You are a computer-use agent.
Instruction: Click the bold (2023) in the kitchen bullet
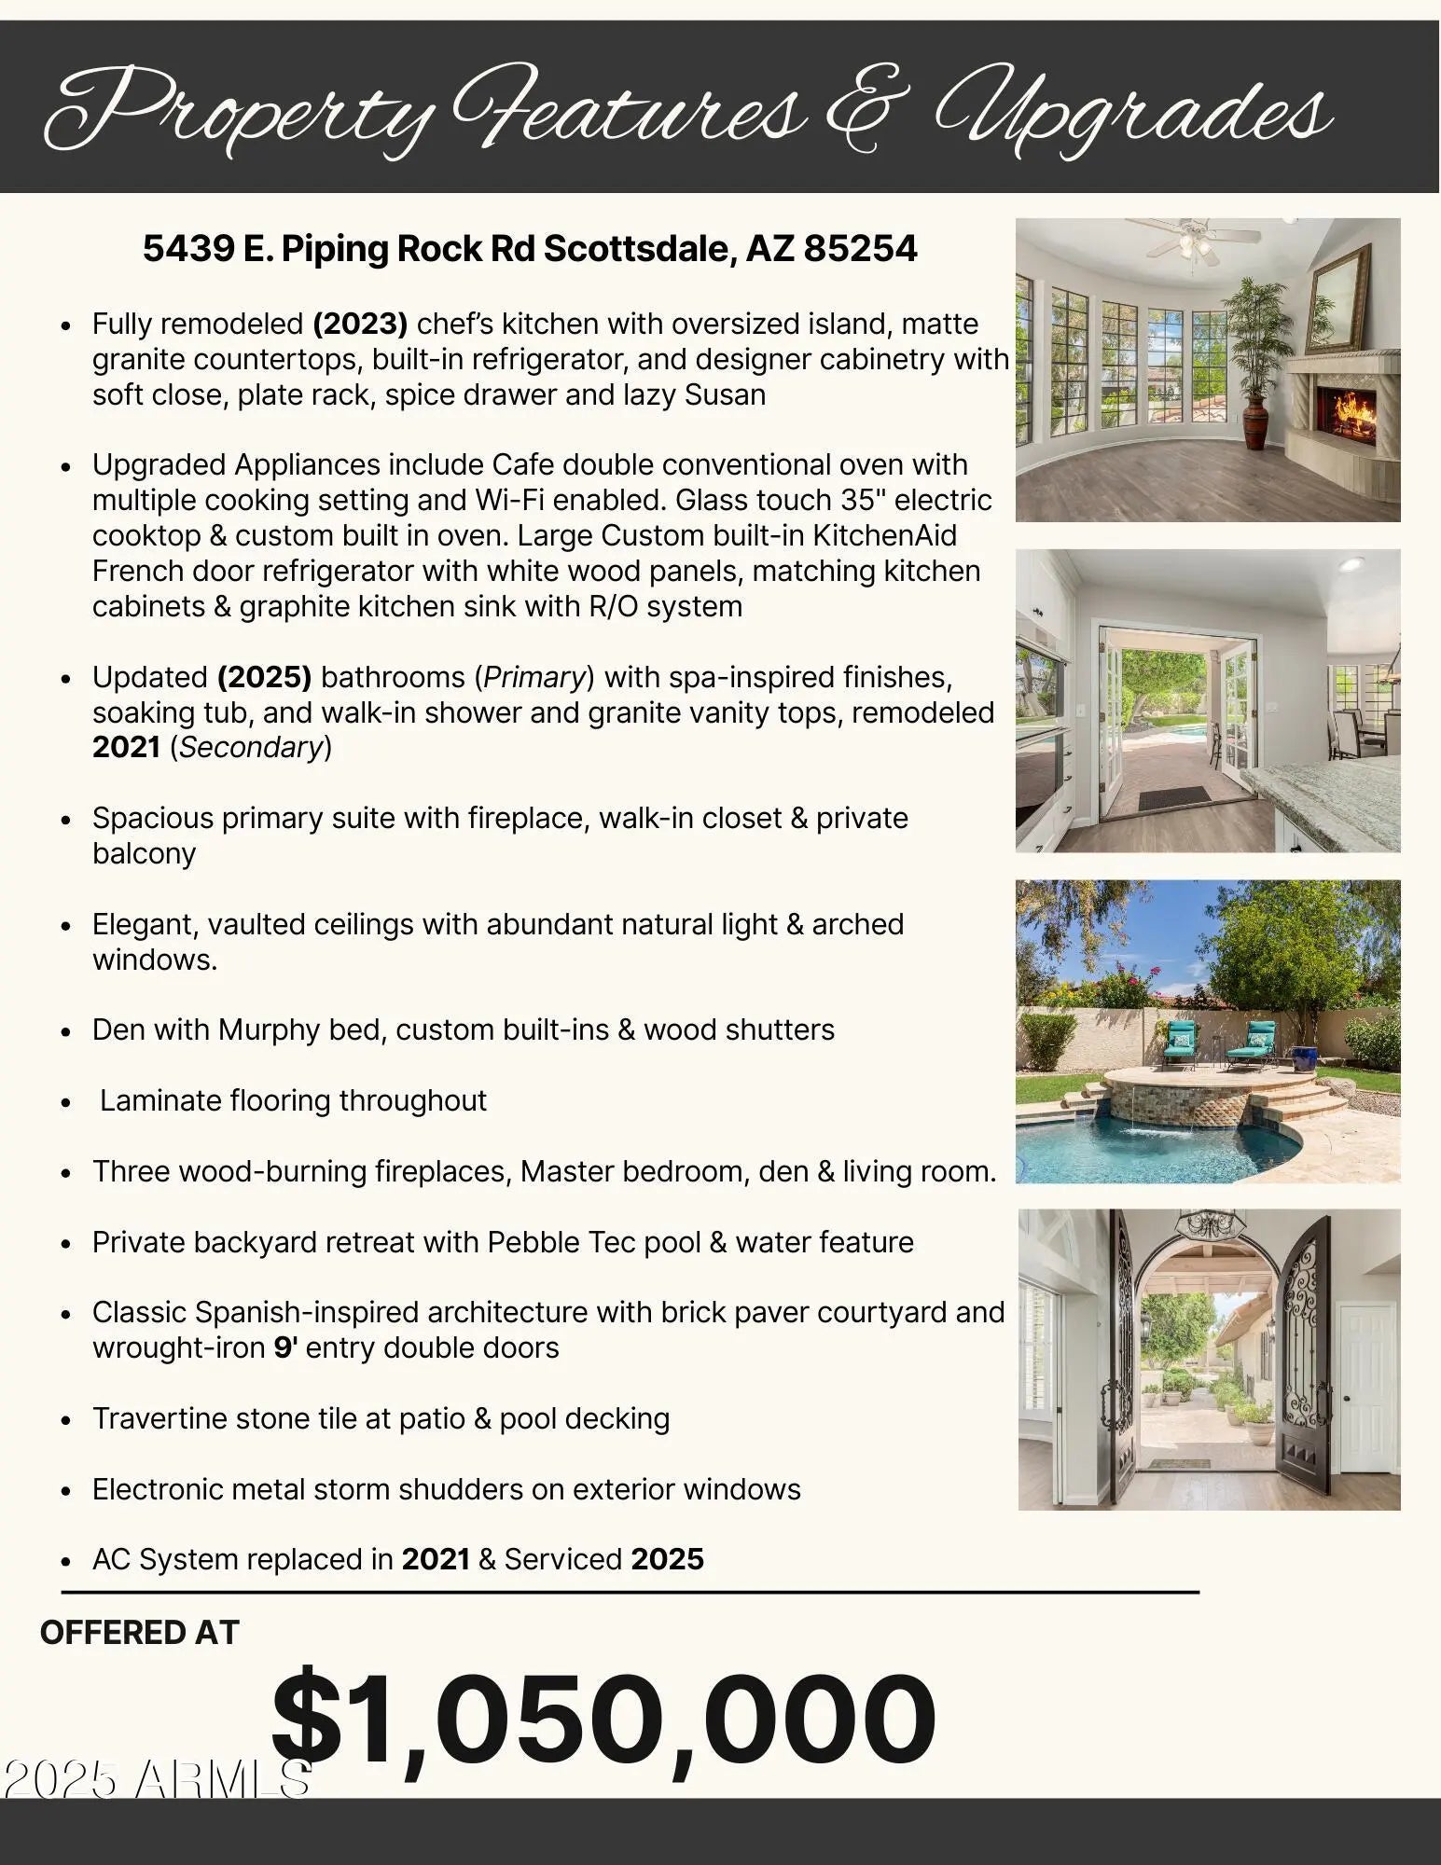point(360,325)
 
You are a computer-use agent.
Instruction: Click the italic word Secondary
point(251,748)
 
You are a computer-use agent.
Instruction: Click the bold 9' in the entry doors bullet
point(284,1348)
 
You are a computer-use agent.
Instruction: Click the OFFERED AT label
point(140,1633)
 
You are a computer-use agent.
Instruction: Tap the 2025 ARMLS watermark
point(156,1779)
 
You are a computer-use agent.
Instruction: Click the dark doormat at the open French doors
point(1171,798)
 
